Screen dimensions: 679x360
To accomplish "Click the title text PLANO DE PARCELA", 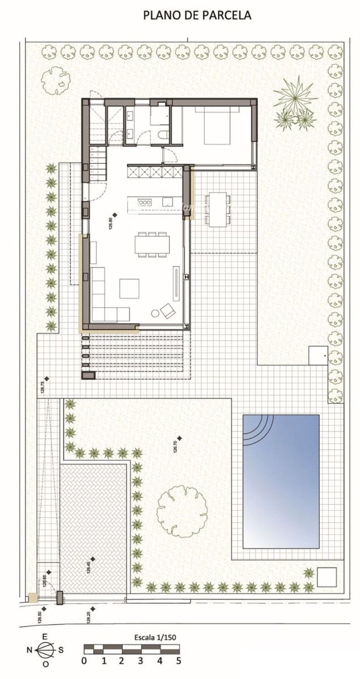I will (x=197, y=16).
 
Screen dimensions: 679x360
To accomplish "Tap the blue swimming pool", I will (x=281, y=481).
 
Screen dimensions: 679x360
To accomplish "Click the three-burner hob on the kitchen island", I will (x=145, y=202).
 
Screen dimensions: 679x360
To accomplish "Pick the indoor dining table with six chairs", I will (x=152, y=243).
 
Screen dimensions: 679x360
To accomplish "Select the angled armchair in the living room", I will (x=168, y=311).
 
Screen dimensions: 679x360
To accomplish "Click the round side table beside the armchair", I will (x=155, y=313).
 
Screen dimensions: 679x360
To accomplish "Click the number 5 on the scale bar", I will (x=178, y=660).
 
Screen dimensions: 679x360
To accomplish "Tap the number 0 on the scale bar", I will (x=84, y=660).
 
